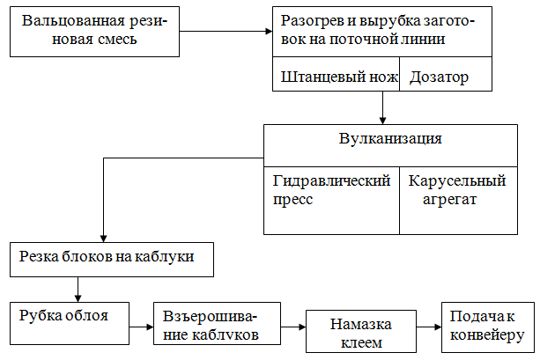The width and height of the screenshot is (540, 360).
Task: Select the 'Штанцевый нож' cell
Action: (336, 77)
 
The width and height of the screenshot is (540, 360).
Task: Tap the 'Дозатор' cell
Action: (438, 77)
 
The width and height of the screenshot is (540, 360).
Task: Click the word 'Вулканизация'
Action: (390, 139)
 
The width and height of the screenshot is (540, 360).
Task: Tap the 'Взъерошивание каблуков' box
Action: (217, 326)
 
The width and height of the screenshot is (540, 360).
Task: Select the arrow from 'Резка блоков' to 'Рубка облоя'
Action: (78, 288)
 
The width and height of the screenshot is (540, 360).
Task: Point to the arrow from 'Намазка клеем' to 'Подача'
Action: (429, 327)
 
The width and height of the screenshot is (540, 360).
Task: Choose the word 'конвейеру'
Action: (487, 334)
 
